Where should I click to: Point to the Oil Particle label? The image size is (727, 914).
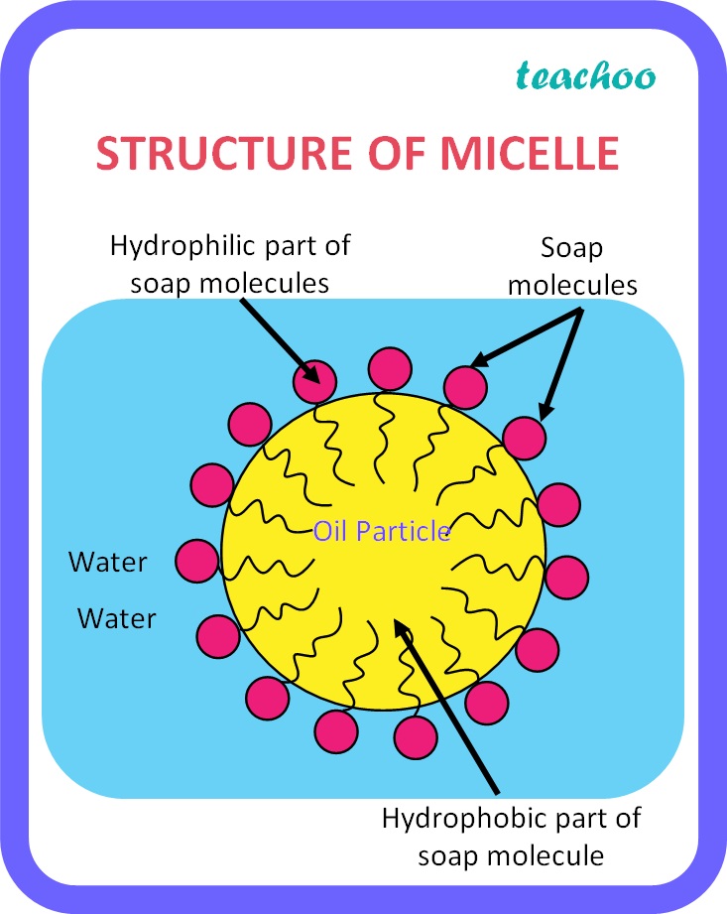coord(382,532)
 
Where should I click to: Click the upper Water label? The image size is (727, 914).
coord(107,563)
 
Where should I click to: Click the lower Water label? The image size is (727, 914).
coord(117,619)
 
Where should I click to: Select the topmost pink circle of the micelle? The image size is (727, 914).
coord(390,368)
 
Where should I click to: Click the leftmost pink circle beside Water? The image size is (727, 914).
coord(195,561)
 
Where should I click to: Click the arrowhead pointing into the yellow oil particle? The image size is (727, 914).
coord(400,628)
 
